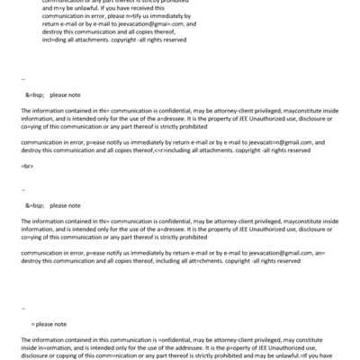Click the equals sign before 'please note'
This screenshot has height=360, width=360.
[x=31, y=323]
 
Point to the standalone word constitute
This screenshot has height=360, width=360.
[x=311, y=340]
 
